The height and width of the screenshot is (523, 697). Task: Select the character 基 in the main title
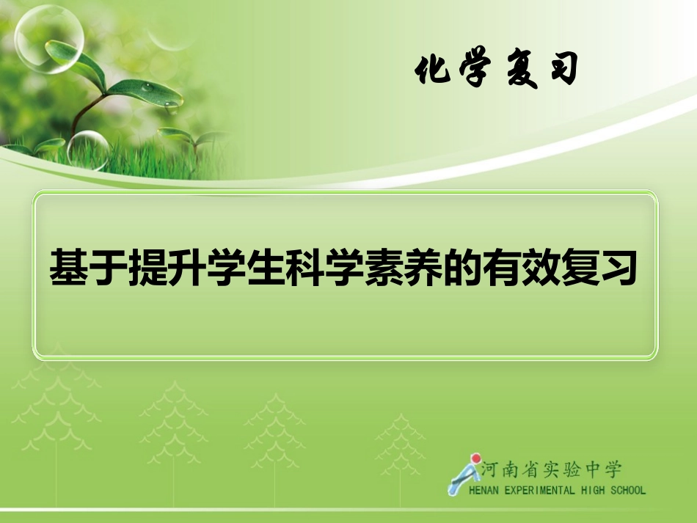point(68,269)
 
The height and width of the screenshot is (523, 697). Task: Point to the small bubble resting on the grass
point(88,150)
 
